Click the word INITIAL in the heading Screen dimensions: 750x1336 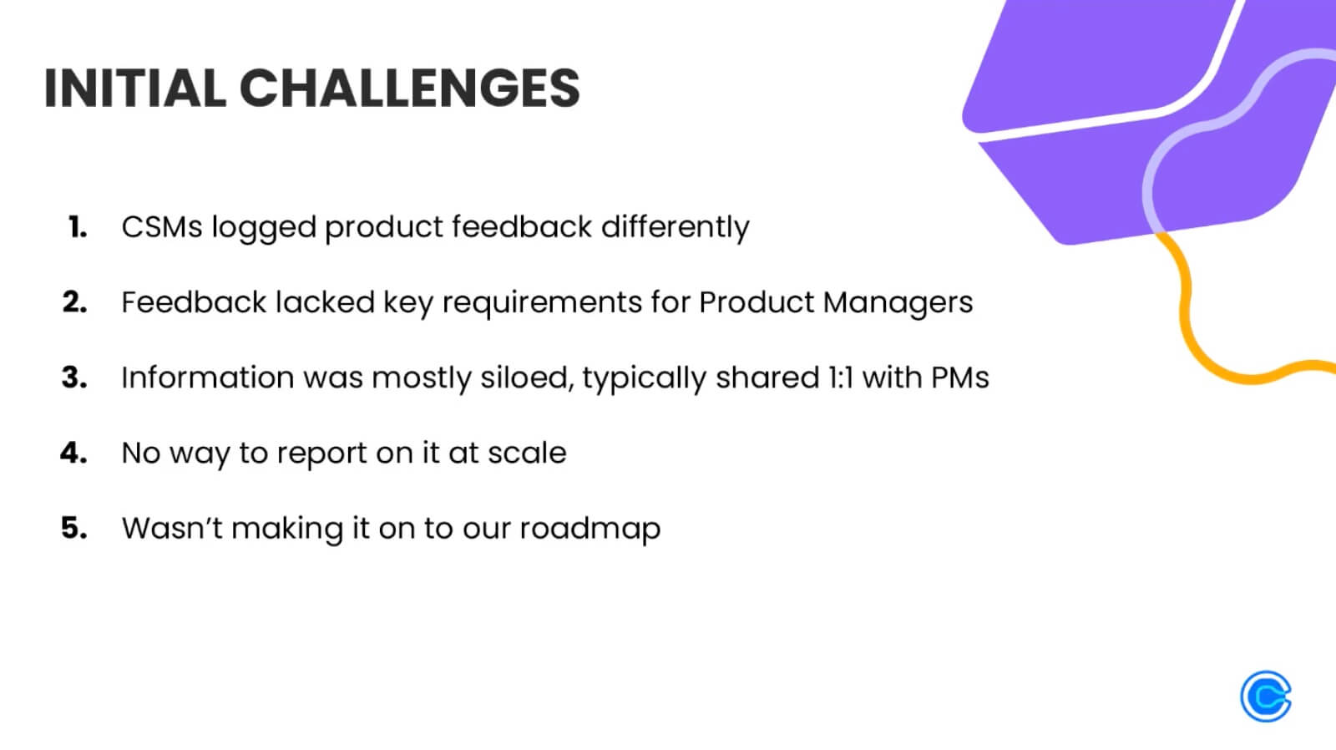point(134,88)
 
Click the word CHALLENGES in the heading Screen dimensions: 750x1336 point(409,88)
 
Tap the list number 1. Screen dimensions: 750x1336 point(78,226)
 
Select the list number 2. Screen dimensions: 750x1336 point(75,302)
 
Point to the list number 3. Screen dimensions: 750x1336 point(74,377)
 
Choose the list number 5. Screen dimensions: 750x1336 point(74,527)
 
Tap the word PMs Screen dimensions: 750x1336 point(959,378)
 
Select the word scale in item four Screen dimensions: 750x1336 point(527,453)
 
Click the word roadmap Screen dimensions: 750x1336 point(590,529)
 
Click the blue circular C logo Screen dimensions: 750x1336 point(1266,696)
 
